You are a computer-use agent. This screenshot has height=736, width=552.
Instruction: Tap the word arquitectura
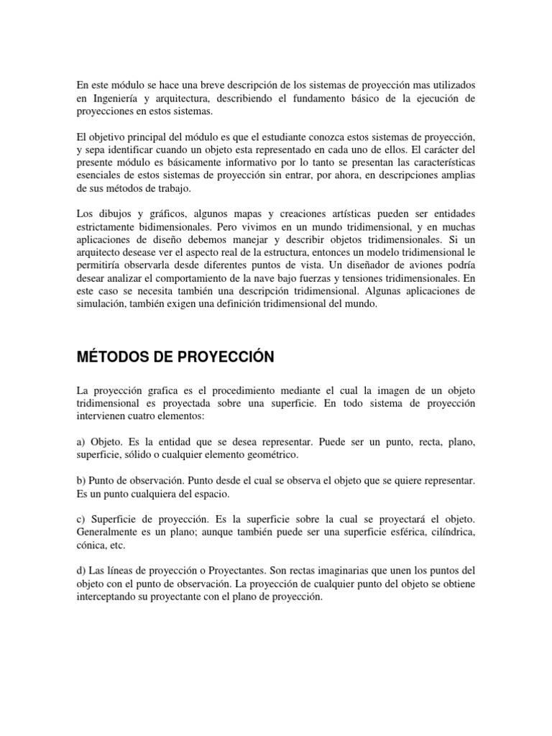191,98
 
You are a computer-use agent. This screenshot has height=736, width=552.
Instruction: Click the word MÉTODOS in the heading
114,357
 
